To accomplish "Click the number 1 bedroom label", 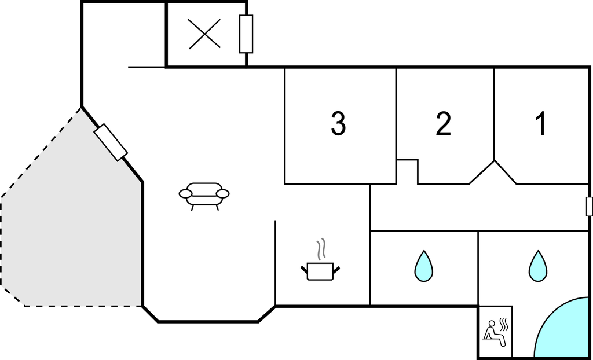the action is (541, 124).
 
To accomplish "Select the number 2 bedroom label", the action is (443, 124).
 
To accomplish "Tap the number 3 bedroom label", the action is (338, 124).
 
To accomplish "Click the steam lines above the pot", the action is (321, 249).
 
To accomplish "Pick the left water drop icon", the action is (423, 266).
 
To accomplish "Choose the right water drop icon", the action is (538, 266).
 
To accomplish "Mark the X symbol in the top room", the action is (204, 34).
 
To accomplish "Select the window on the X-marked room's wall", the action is (246, 34).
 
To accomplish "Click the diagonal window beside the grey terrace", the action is (111, 142).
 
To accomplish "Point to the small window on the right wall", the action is (589, 207).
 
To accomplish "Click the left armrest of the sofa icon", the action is (186, 194).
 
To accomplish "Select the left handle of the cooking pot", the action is (304, 270).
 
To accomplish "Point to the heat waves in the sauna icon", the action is (504, 325).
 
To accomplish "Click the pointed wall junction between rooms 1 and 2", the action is (495, 161).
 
